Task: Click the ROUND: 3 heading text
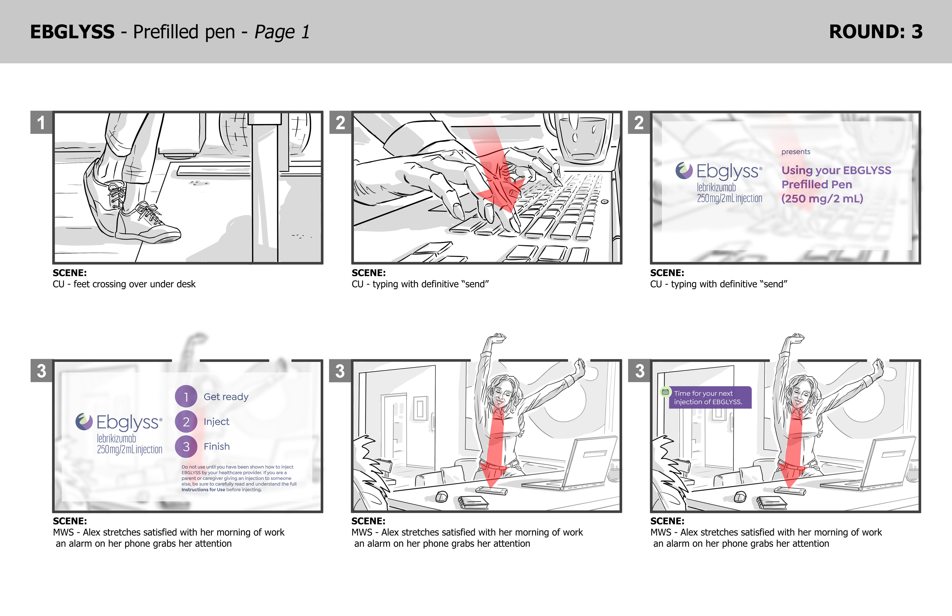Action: [x=876, y=31]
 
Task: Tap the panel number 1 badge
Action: [x=41, y=122]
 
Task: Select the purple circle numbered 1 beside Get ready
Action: [x=186, y=396]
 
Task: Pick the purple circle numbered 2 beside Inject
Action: [x=186, y=422]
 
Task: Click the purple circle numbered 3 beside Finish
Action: [x=186, y=446]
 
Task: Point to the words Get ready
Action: [x=226, y=397]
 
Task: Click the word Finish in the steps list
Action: [x=217, y=446]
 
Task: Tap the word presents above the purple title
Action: [x=796, y=152]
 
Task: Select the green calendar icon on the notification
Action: [x=665, y=392]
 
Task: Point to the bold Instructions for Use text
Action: [x=203, y=490]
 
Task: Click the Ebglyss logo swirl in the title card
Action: [x=684, y=170]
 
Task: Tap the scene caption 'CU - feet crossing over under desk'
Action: [x=124, y=284]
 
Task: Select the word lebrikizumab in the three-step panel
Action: [x=117, y=439]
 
